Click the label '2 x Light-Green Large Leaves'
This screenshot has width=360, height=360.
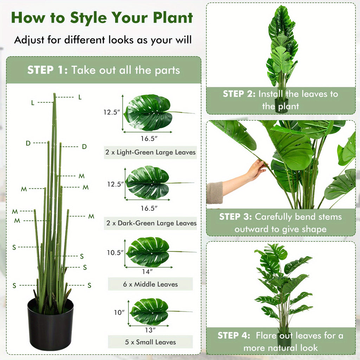tap(150, 153)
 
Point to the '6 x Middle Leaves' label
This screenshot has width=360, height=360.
tap(150, 284)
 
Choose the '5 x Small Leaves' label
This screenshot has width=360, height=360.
tap(150, 342)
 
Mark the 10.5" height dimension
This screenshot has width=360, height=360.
tap(115, 252)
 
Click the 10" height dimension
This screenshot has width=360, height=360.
tap(119, 312)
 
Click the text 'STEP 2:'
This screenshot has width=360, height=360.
tap(239, 94)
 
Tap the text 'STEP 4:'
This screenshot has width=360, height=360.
tap(234, 335)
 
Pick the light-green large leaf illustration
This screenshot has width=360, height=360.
tap(148, 112)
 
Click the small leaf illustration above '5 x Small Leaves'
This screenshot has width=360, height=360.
tap(150, 311)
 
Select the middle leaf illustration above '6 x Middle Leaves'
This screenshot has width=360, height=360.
tap(148, 252)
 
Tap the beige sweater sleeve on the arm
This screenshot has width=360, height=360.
tap(214, 192)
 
